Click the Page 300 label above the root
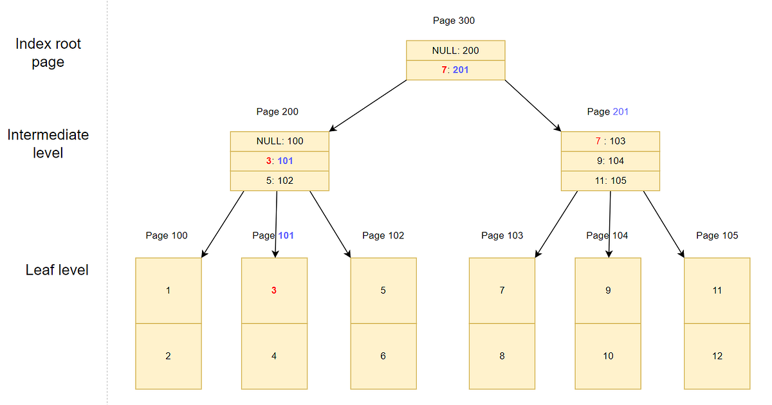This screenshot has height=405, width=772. pyautogui.click(x=454, y=21)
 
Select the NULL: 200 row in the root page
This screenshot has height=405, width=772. pyautogui.click(x=455, y=50)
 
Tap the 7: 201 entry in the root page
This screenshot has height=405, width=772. pyautogui.click(x=455, y=69)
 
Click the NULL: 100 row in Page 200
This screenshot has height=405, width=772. pyautogui.click(x=279, y=141)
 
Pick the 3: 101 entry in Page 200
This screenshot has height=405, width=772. pyautogui.click(x=279, y=161)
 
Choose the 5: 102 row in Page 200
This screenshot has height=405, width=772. pyautogui.click(x=279, y=181)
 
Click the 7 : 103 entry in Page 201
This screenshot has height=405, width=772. pyautogui.click(x=610, y=141)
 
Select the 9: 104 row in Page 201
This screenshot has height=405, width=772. pyautogui.click(x=610, y=161)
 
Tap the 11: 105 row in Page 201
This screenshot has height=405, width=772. pyautogui.click(x=610, y=181)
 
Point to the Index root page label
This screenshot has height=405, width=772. pyautogui.click(x=48, y=53)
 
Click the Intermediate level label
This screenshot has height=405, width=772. pyautogui.click(x=48, y=144)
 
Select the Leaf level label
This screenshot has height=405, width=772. pyautogui.click(x=57, y=270)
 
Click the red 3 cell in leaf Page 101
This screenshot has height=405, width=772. pyautogui.click(x=274, y=291)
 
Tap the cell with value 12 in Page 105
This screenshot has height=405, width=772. pyautogui.click(x=717, y=356)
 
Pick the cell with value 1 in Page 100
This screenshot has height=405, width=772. pyautogui.click(x=168, y=291)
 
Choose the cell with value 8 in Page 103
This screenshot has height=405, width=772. pyautogui.click(x=502, y=356)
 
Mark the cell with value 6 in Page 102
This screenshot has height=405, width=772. pyautogui.click(x=383, y=356)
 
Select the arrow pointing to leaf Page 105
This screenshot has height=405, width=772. pyautogui.click(x=663, y=224)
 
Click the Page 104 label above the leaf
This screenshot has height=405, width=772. pyautogui.click(x=607, y=235)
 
